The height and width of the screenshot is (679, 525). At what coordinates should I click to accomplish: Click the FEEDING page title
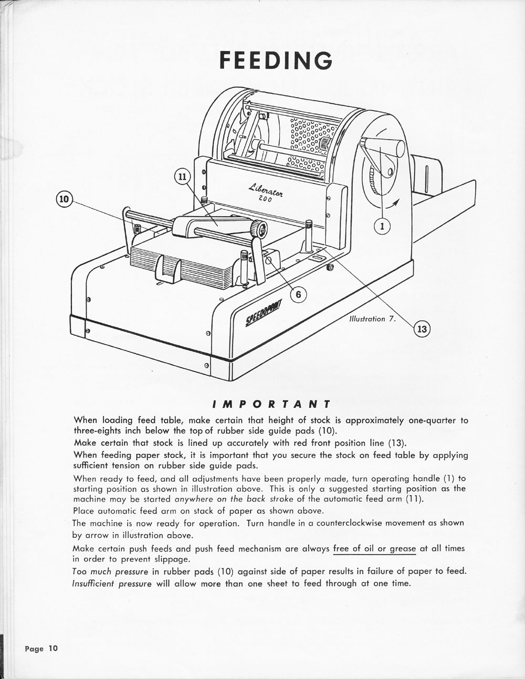(276, 60)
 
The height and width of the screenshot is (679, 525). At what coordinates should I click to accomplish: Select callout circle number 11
(181, 177)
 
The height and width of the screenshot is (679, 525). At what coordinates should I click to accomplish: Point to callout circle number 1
(382, 226)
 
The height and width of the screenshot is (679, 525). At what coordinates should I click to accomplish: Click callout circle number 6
(298, 294)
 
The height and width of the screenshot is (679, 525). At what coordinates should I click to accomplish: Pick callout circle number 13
(422, 329)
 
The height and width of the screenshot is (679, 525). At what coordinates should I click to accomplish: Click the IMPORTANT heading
(271, 404)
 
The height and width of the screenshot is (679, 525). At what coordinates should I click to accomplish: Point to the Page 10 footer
(41, 648)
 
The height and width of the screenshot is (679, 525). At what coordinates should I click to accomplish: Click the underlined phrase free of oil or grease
(374, 549)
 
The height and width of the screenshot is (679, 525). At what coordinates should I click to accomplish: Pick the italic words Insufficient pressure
(112, 583)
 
